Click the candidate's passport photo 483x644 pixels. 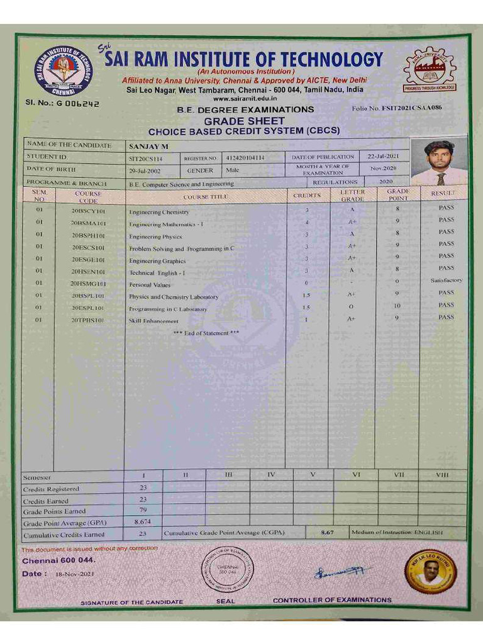(x=439, y=162)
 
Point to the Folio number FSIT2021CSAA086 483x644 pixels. (x=397, y=108)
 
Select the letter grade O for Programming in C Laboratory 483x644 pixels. (x=351, y=307)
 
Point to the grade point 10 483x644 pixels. (x=397, y=306)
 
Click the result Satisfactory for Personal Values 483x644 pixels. (x=446, y=280)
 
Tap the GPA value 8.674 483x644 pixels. (x=143, y=522)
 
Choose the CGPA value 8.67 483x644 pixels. (x=326, y=533)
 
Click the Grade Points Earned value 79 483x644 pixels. (x=142, y=511)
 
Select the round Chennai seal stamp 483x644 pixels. (x=228, y=570)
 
